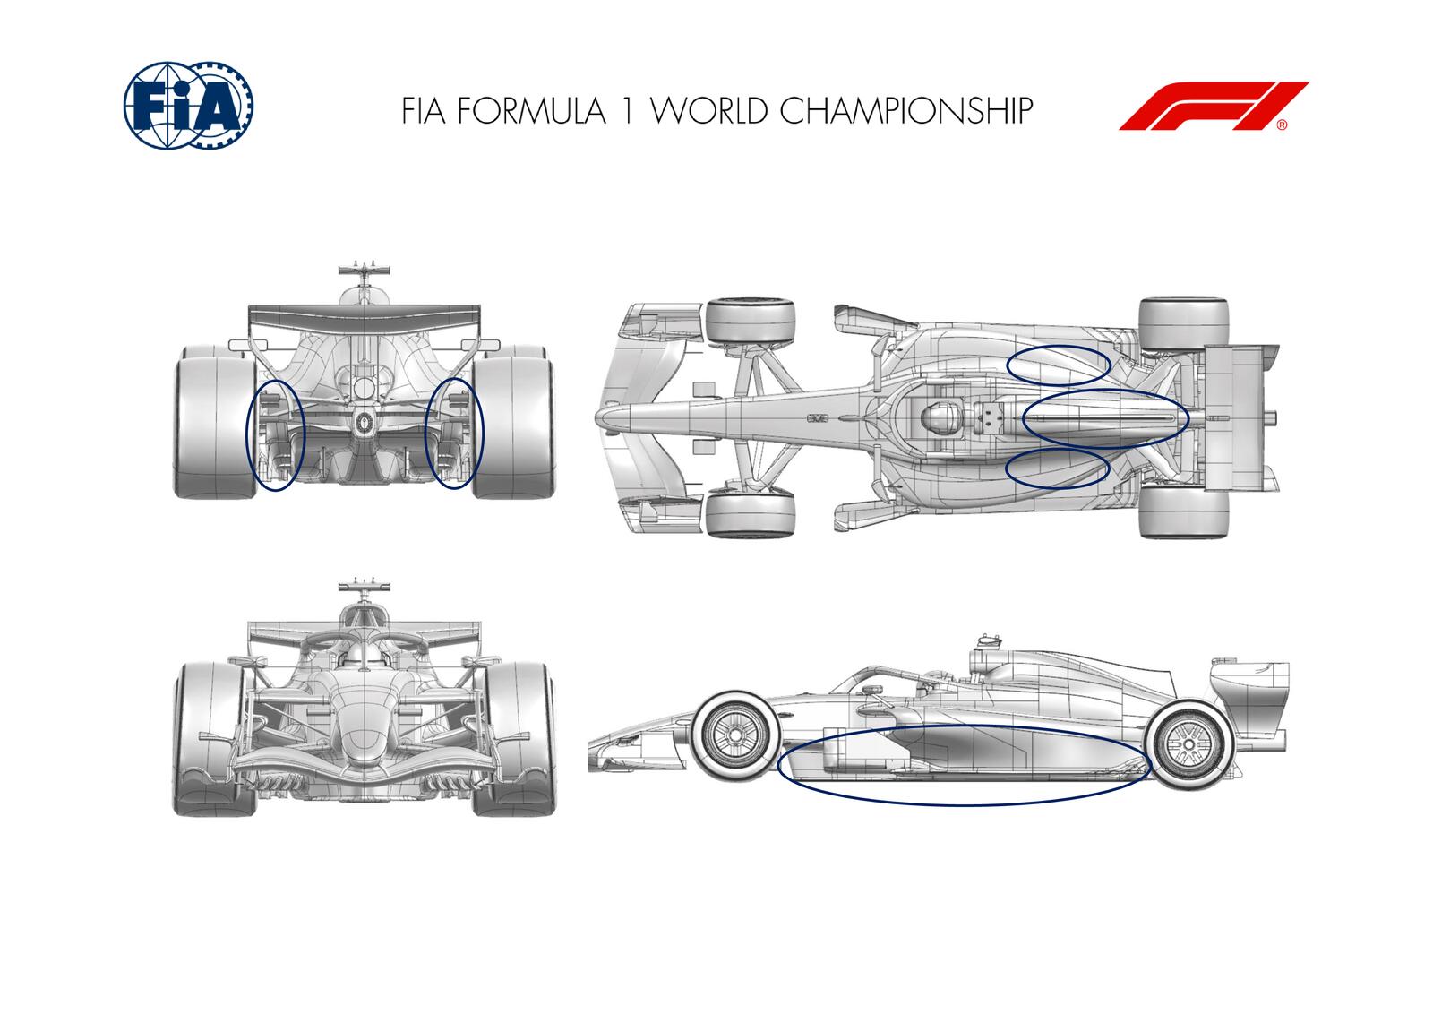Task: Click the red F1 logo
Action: coord(1213,107)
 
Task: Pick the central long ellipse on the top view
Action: coord(1105,417)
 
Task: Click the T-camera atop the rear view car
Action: coord(365,270)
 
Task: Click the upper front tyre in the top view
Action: coord(751,322)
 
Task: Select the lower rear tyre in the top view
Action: coord(1183,512)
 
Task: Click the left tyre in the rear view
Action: coord(212,420)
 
